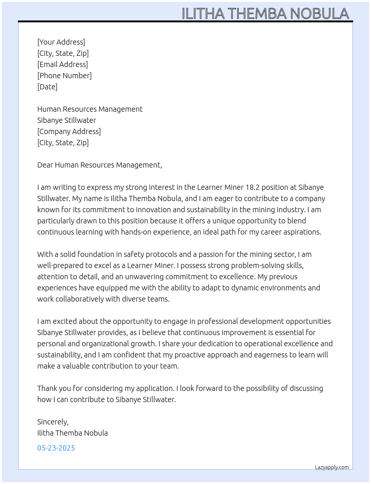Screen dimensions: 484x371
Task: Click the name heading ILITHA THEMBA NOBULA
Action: pyautogui.click(x=265, y=14)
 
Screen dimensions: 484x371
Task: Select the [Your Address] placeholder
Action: pyautogui.click(x=61, y=42)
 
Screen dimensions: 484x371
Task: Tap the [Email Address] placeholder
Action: pyautogui.click(x=63, y=64)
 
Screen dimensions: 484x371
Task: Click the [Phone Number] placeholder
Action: pyautogui.click(x=64, y=76)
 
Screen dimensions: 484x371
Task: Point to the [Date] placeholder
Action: pyautogui.click(x=47, y=87)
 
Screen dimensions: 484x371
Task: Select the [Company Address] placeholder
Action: pyautogui.click(x=69, y=131)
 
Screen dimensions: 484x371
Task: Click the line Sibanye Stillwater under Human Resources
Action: pyautogui.click(x=67, y=120)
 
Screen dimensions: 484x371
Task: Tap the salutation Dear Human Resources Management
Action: pyautogui.click(x=99, y=165)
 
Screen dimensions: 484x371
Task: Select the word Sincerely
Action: pyautogui.click(x=53, y=422)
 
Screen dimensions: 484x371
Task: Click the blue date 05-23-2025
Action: pyautogui.click(x=56, y=448)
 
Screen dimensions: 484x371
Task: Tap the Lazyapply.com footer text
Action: pyautogui.click(x=332, y=467)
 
